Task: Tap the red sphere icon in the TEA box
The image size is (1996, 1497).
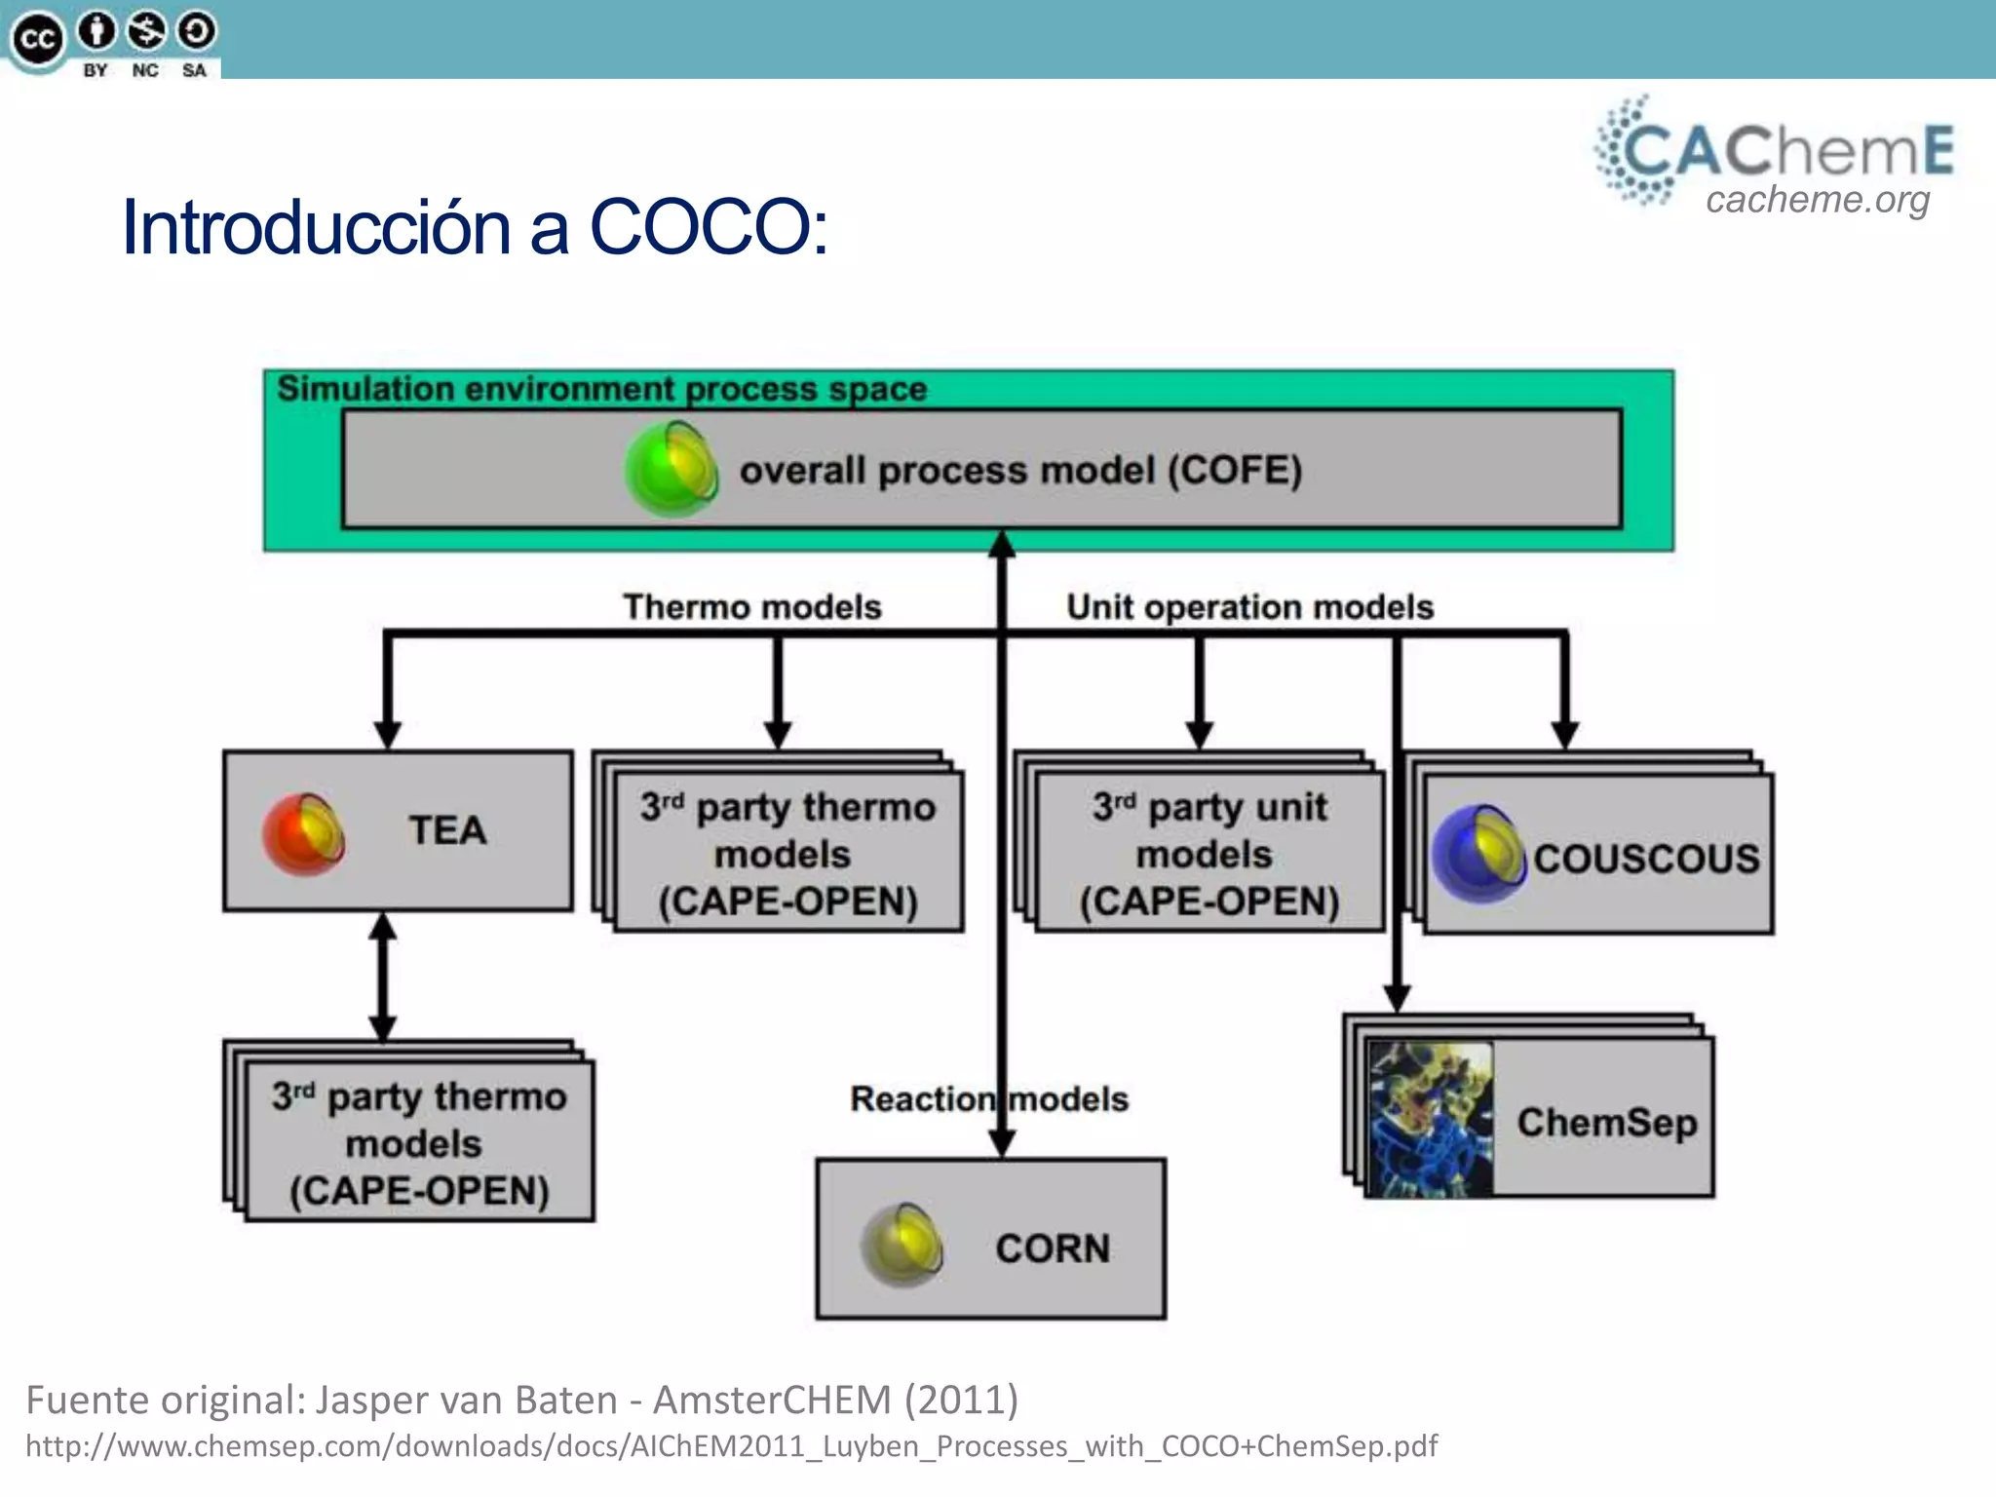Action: click(304, 834)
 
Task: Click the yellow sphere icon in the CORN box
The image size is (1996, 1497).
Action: click(902, 1245)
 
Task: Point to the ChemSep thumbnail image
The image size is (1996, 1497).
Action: click(1430, 1120)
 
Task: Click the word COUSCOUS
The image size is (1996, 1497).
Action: click(1646, 859)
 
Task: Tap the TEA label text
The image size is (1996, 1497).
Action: click(447, 830)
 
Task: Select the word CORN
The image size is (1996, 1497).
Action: click(1053, 1248)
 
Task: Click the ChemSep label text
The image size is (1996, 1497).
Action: click(1606, 1122)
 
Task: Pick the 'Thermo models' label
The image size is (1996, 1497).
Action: click(752, 606)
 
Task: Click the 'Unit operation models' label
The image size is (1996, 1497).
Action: click(1249, 606)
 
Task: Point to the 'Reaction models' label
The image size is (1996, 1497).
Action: click(988, 1098)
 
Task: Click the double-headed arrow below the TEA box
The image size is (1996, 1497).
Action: click(383, 977)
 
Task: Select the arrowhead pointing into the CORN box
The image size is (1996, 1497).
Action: click(1002, 1142)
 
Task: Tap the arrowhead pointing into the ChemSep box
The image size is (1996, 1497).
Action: click(1397, 998)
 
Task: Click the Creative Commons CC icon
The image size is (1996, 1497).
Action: click(37, 40)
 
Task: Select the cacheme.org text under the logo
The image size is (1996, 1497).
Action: click(1817, 200)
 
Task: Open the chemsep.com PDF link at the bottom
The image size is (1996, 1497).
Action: click(731, 1445)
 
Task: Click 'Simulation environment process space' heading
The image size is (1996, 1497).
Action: click(601, 389)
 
